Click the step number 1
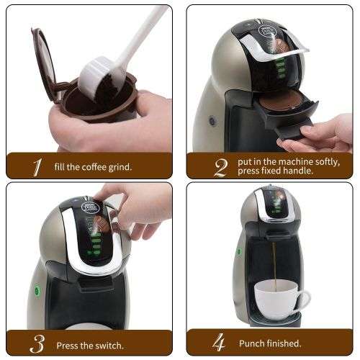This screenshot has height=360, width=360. [x=35, y=167]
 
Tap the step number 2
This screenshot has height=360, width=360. [x=220, y=167]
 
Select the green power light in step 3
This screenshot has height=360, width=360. [x=36, y=292]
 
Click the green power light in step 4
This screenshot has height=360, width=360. [x=238, y=253]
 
